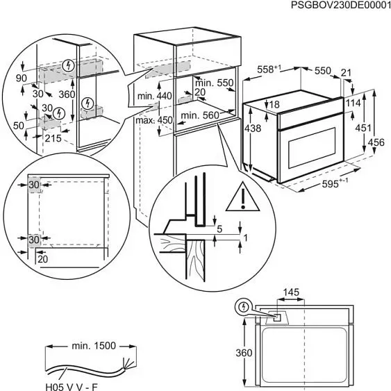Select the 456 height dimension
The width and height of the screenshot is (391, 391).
(375, 142)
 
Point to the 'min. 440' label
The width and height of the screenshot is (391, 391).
(153, 95)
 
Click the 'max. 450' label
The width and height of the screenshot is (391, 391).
(154, 119)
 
